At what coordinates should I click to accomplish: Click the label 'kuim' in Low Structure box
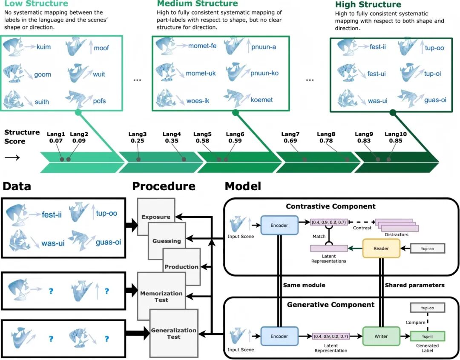point(43,47)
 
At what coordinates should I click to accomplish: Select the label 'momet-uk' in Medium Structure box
point(201,73)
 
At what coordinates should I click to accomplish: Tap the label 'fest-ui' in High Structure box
point(376,74)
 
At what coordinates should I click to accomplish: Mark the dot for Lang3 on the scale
point(138,159)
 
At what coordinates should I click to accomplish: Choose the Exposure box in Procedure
point(155,217)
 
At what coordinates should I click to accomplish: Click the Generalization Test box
point(174,333)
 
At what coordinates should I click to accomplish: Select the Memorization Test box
point(161,296)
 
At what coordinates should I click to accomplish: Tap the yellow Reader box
point(381,248)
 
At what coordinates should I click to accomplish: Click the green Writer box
point(381,336)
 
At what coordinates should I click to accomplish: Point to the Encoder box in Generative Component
point(279,336)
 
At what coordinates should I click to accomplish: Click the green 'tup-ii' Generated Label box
point(427,336)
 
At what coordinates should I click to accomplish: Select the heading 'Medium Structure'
point(197,4)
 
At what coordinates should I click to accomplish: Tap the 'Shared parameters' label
point(414,285)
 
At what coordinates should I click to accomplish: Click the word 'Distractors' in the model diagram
point(396,235)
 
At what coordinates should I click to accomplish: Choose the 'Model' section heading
point(243,186)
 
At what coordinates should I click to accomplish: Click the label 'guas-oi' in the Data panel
point(108,242)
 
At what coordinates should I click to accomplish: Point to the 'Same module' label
point(304,285)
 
